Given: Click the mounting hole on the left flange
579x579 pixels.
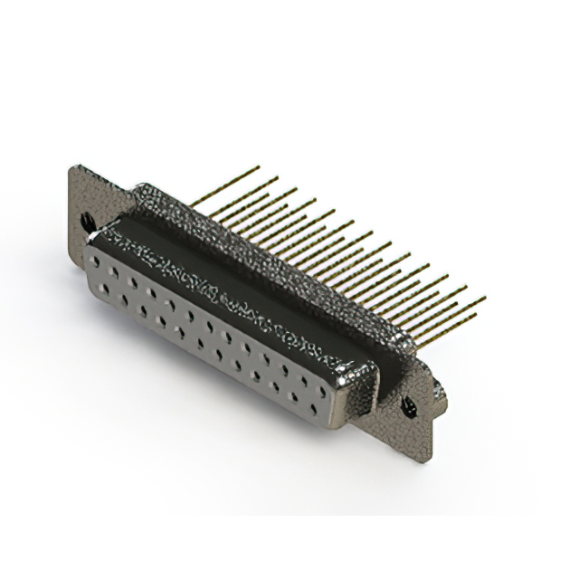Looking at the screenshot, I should click(87, 219).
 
